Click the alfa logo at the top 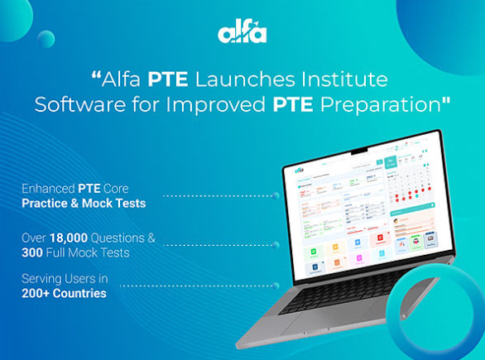pos(242,32)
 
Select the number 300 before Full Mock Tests pos(35,252)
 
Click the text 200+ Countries pos(65,293)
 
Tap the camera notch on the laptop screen pos(362,151)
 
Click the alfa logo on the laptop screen pos(300,170)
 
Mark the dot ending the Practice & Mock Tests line pos(276,196)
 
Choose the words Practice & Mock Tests pos(85,203)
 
